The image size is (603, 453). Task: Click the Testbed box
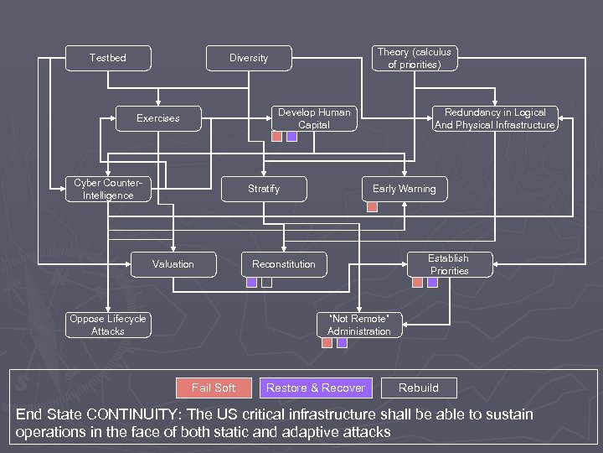tap(108, 58)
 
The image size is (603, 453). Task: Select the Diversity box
tap(249, 58)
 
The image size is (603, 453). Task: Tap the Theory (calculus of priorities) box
tap(414, 58)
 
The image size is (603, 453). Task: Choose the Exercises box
tap(158, 118)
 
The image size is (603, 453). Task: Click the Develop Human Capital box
tap(315, 118)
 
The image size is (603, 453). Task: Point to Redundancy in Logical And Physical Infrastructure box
tap(495, 118)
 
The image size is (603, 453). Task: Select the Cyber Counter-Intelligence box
tap(108, 189)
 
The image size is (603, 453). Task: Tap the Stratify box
tap(264, 189)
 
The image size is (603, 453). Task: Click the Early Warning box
tap(404, 189)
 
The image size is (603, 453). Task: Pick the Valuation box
tap(173, 264)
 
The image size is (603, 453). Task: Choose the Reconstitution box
tap(284, 264)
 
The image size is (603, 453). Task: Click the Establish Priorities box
tap(449, 264)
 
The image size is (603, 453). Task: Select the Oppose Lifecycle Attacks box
tap(108, 325)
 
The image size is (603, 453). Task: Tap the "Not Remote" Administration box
tap(359, 325)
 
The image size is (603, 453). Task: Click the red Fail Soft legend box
tap(213, 388)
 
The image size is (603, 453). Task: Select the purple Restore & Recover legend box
tap(315, 388)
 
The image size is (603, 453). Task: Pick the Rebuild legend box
tap(419, 388)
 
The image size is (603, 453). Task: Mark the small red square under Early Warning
tap(373, 206)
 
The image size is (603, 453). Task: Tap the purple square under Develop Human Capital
tap(291, 136)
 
